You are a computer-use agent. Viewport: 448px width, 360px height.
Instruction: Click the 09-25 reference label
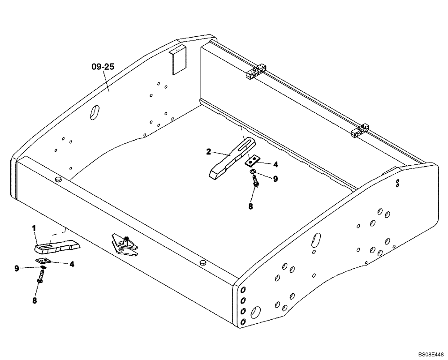[x=103, y=67]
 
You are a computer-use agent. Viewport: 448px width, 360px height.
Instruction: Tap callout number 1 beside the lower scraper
[x=34, y=228]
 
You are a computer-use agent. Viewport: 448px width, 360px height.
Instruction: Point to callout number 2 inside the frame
[x=209, y=152]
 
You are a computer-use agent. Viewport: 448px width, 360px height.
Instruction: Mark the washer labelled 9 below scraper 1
[x=42, y=268]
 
